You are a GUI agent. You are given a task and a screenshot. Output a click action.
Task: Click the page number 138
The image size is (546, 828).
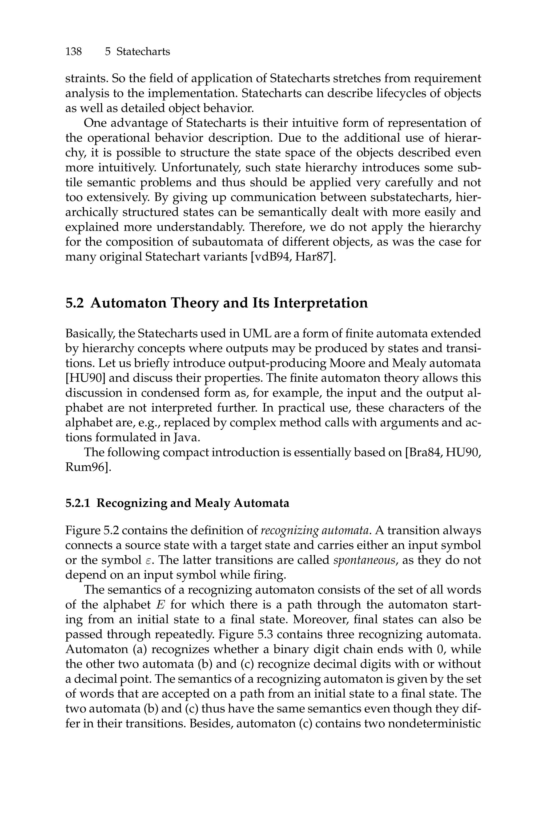click(74, 52)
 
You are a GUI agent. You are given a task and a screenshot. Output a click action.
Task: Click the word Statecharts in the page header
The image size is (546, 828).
click(143, 52)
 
